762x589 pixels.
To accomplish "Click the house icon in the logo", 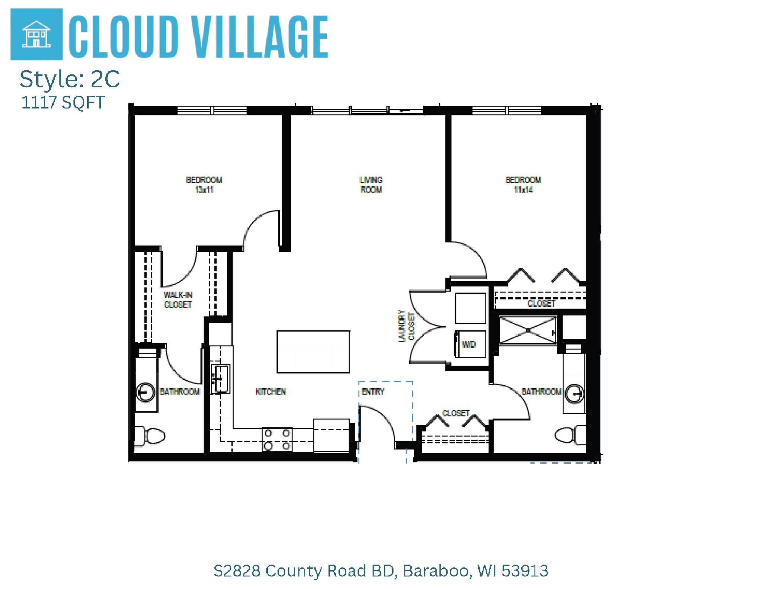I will pyautogui.click(x=36, y=34).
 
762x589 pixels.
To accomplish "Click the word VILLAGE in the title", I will pyautogui.click(x=260, y=37).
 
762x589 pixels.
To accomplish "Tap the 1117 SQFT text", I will pyautogui.click(x=63, y=103).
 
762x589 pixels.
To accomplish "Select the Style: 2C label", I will pyautogui.click(x=70, y=79).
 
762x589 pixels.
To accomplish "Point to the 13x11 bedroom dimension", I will pyautogui.click(x=204, y=190).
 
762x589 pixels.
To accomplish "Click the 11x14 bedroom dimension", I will pyautogui.click(x=523, y=190).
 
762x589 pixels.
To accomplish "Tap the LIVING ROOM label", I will pyautogui.click(x=371, y=185).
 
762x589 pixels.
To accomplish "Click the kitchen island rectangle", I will pyautogui.click(x=313, y=352).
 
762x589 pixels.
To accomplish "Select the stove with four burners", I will pyautogui.click(x=277, y=439).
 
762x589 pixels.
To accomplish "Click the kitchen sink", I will pyautogui.click(x=221, y=379).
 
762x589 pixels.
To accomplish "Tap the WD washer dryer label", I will pyautogui.click(x=469, y=345).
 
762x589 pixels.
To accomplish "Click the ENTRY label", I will pyautogui.click(x=372, y=392).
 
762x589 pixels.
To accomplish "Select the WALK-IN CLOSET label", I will pyautogui.click(x=178, y=300).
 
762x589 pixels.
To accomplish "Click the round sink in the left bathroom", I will pyautogui.click(x=145, y=392).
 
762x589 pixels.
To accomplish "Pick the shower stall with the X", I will pyautogui.click(x=528, y=330).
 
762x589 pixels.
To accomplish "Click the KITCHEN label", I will pyautogui.click(x=271, y=392).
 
